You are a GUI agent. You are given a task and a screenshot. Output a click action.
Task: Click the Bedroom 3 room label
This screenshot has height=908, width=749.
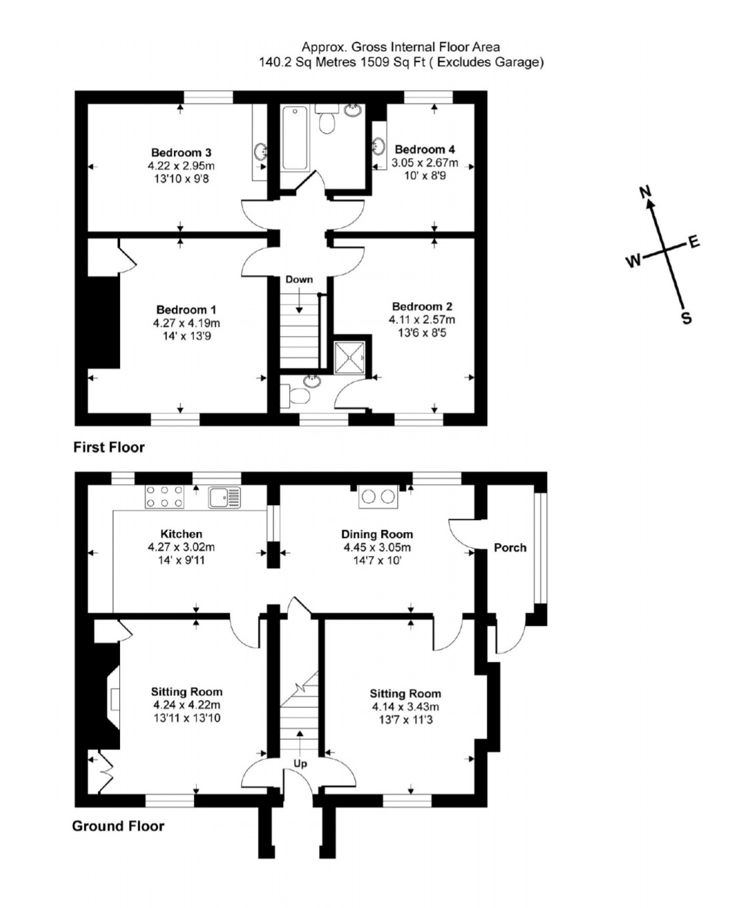point(181,153)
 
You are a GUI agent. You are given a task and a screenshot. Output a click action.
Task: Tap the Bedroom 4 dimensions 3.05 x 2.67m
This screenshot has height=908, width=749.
point(424,163)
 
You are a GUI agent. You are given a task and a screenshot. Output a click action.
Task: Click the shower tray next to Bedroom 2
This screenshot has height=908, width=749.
point(349,358)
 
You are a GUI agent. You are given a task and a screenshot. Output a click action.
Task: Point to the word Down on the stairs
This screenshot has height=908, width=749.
point(299,279)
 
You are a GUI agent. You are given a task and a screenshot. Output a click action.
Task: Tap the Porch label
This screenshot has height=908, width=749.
point(510,547)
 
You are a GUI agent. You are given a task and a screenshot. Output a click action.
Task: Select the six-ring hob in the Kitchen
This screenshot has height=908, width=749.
point(165,496)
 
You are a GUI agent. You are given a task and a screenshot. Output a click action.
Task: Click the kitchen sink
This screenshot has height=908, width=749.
point(225,497)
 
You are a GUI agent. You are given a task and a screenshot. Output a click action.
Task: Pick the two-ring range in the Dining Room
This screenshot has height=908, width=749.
point(378,496)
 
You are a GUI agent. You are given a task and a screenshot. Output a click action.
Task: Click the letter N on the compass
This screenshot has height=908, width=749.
point(646,192)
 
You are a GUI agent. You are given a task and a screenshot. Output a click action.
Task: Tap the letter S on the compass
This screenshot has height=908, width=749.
point(686,318)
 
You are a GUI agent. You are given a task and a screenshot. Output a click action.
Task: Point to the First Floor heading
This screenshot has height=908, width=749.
point(109,447)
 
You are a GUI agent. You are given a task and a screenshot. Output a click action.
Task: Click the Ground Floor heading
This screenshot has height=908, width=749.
point(118,826)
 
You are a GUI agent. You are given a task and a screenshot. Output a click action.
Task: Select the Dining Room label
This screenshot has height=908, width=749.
point(377,534)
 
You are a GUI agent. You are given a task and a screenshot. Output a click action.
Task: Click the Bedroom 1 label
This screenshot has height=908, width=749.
point(186,309)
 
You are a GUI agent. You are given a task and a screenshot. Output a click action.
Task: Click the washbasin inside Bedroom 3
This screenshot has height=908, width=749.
point(261,151)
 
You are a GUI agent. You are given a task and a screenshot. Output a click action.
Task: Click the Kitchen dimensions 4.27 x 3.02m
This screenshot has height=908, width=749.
point(181,547)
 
